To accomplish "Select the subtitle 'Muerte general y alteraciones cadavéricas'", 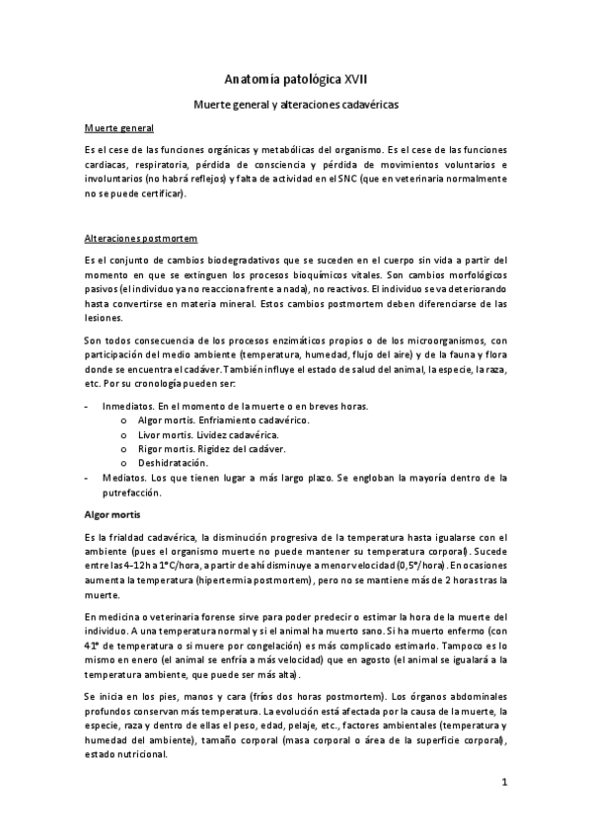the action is (x=295, y=102).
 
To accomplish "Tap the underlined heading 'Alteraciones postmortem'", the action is (x=142, y=239).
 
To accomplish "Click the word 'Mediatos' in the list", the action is (x=120, y=477).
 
